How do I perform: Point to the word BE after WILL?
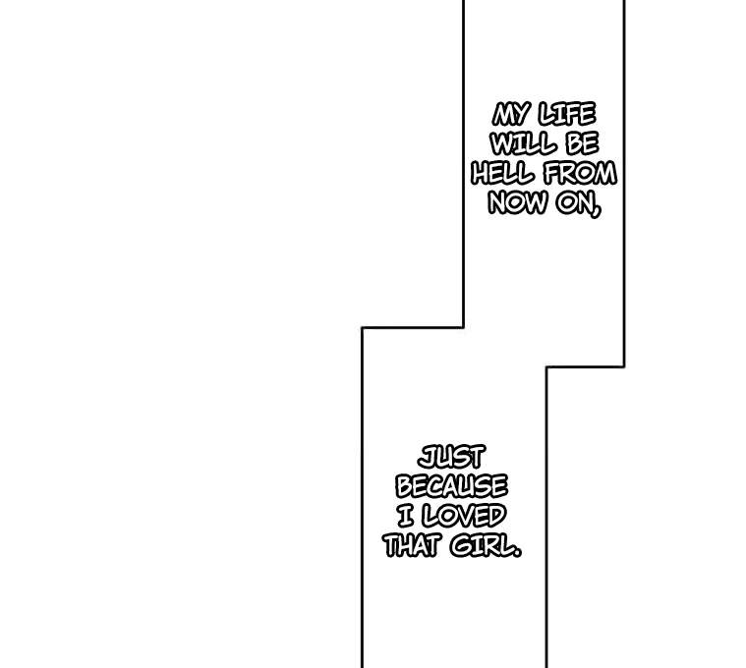coord(582,143)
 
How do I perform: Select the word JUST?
coord(451,458)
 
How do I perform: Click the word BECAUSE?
coord(451,486)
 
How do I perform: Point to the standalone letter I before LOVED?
coord(406,517)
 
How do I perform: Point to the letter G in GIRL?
coord(461,546)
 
